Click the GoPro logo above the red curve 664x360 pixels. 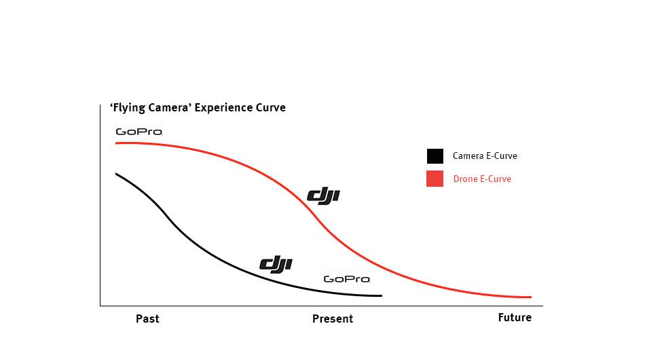(x=139, y=132)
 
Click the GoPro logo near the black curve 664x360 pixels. (x=346, y=278)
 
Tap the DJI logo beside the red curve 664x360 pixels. (x=323, y=196)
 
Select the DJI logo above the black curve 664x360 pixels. (x=276, y=264)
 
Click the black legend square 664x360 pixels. (x=435, y=156)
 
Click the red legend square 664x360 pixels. (x=435, y=179)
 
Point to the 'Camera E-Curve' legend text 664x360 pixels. (x=485, y=156)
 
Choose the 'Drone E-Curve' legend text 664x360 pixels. (x=482, y=179)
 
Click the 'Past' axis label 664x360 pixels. (x=147, y=318)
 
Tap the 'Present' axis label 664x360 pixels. (x=333, y=319)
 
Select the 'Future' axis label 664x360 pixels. (x=515, y=317)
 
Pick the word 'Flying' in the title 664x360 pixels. (x=128, y=107)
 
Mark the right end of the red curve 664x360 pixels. (x=530, y=297)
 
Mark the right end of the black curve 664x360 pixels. (x=382, y=295)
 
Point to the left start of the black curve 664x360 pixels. (x=116, y=174)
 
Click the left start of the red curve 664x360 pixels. (x=116, y=143)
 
